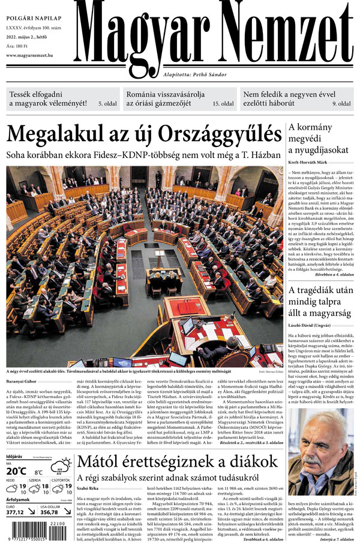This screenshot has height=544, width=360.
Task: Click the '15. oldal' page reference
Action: pos(222,104)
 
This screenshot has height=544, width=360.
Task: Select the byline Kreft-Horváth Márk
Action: pos(313,162)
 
